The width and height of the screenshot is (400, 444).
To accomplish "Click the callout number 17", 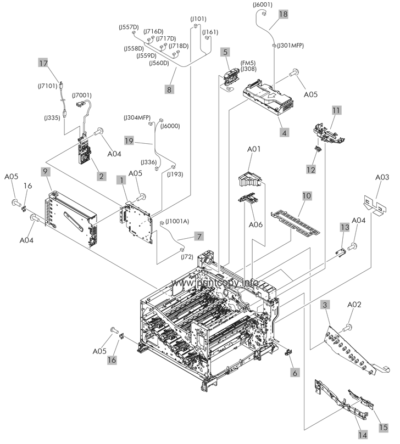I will click(x=43, y=63).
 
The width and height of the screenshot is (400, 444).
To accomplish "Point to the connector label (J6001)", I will click(x=263, y=5).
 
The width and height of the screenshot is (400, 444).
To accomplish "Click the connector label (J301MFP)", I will click(x=291, y=46).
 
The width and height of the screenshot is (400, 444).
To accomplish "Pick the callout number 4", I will click(x=284, y=132).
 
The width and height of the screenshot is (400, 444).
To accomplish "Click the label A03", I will click(x=382, y=177).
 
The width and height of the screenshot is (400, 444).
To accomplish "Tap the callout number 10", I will click(x=307, y=195).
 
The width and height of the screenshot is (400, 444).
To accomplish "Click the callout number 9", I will click(x=45, y=172).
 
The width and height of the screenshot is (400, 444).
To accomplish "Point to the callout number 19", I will click(x=129, y=142).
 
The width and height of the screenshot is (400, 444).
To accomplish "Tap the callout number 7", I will click(x=199, y=237).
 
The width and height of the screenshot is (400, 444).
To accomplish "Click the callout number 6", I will click(x=296, y=372).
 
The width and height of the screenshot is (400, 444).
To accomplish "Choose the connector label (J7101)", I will click(x=49, y=86).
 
